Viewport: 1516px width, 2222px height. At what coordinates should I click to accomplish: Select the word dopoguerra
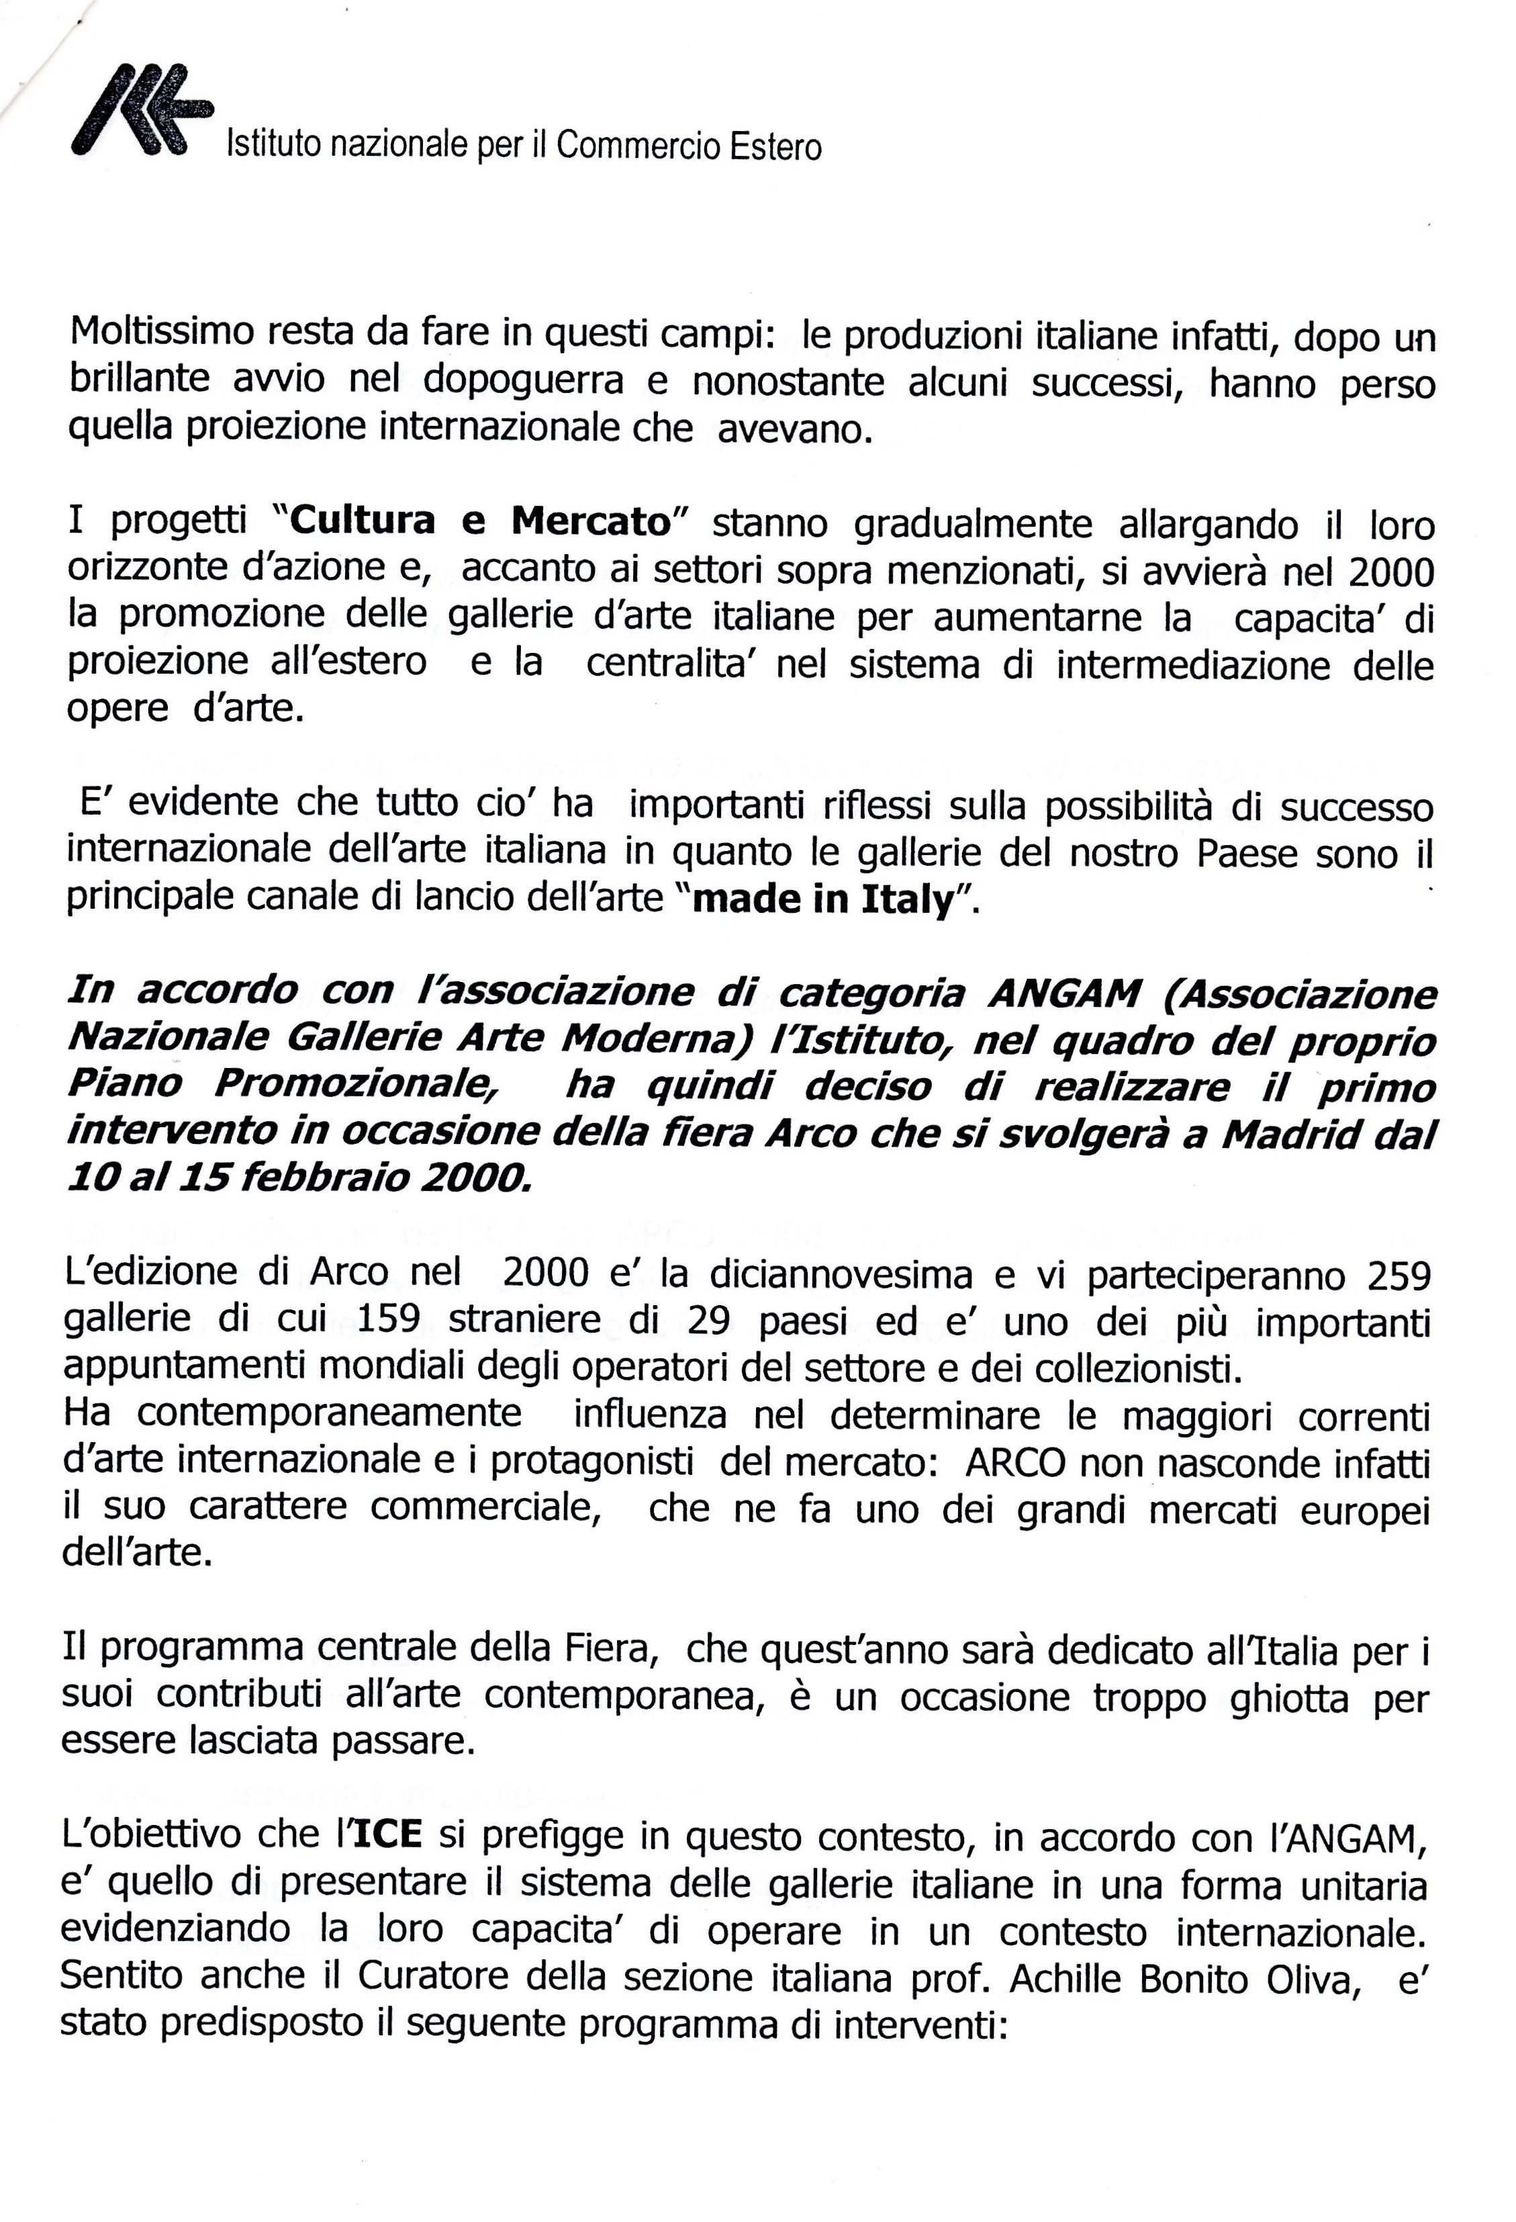(523, 381)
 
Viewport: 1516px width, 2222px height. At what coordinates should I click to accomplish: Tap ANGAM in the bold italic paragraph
(1064, 994)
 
